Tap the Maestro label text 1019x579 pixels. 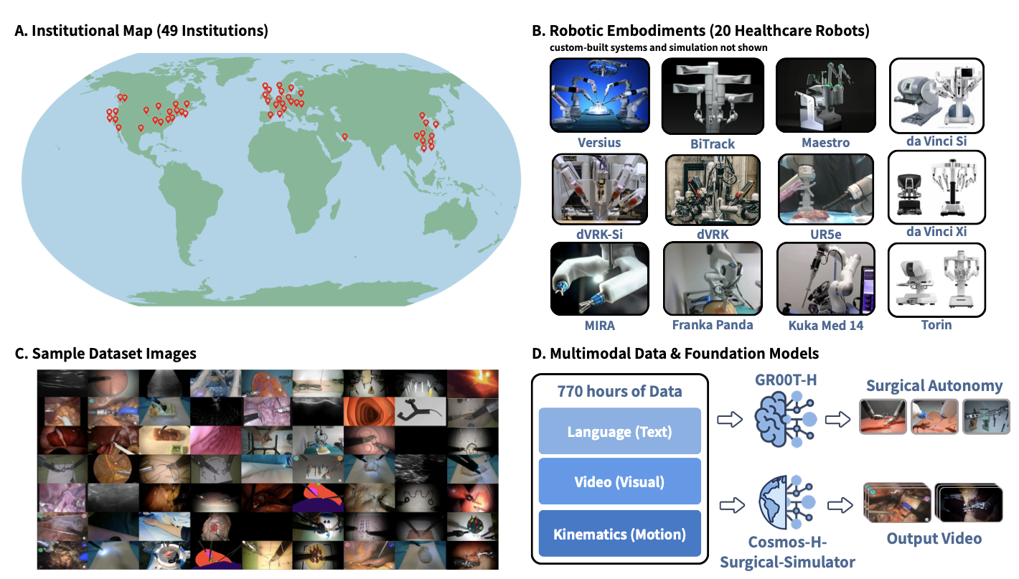coord(825,143)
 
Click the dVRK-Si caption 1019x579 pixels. coord(598,233)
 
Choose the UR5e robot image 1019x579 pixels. coord(825,189)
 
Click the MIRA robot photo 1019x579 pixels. coord(599,279)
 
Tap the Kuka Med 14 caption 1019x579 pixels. coord(825,325)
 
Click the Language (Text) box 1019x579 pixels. coord(619,431)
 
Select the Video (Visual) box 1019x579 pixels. coord(619,482)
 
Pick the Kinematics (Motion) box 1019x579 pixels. coord(619,534)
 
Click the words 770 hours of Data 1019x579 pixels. coord(620,391)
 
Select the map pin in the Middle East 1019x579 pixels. coord(344,136)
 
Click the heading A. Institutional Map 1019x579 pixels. coord(141,31)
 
